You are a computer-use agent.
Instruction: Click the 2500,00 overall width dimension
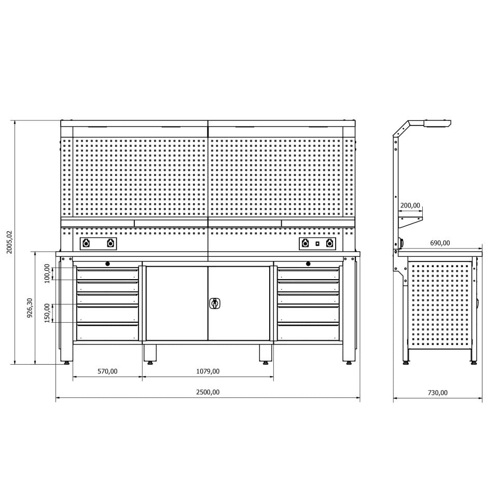(x=208, y=392)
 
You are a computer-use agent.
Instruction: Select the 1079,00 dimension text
(x=208, y=371)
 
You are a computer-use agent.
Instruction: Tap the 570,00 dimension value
(x=107, y=371)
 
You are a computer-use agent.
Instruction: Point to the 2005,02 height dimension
(x=9, y=242)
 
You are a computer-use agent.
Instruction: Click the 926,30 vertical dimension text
(x=30, y=308)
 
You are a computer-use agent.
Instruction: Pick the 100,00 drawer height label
(x=47, y=273)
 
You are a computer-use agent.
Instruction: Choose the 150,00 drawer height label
(x=47, y=313)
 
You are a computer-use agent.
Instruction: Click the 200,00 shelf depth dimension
(x=410, y=205)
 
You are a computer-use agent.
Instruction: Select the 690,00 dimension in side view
(x=440, y=243)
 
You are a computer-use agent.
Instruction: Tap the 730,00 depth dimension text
(x=437, y=393)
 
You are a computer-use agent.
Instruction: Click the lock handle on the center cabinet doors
(x=214, y=303)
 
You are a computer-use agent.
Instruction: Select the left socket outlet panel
(x=98, y=243)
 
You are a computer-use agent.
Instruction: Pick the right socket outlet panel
(x=316, y=243)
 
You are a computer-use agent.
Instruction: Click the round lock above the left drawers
(x=107, y=264)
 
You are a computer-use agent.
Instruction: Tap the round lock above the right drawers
(x=308, y=264)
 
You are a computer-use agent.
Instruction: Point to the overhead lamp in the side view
(x=437, y=123)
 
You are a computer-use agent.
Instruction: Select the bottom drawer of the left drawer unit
(x=107, y=332)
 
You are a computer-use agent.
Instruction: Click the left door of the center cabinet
(x=176, y=303)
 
